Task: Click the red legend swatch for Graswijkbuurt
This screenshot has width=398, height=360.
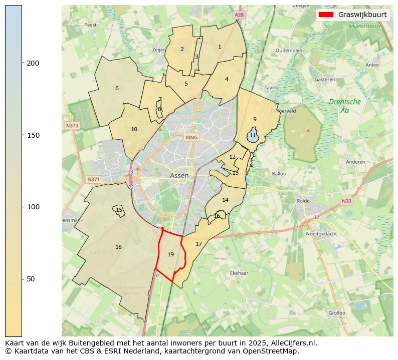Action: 326,15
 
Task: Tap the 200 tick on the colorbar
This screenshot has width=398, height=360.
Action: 22,63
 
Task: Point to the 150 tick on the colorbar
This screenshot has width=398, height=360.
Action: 22,135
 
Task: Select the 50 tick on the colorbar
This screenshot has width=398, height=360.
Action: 22,278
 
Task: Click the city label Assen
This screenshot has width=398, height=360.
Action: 179,176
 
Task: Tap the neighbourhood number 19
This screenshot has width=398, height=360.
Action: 170,254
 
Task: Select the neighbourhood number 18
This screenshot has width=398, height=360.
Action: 118,247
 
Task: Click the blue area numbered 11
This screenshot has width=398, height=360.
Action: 253,136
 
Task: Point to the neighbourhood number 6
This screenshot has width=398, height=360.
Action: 117,88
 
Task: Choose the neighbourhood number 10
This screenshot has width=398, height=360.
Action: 134,129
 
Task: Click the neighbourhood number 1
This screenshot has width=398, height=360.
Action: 220,47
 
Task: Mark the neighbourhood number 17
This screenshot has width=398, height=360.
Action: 198,244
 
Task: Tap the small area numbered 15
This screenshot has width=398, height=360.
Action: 119,210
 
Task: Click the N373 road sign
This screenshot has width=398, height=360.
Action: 72,126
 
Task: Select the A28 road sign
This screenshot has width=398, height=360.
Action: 239,16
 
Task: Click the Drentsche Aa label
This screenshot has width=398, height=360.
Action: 344,106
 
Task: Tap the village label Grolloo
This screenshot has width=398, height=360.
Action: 336,313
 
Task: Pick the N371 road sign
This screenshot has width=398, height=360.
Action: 93,179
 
